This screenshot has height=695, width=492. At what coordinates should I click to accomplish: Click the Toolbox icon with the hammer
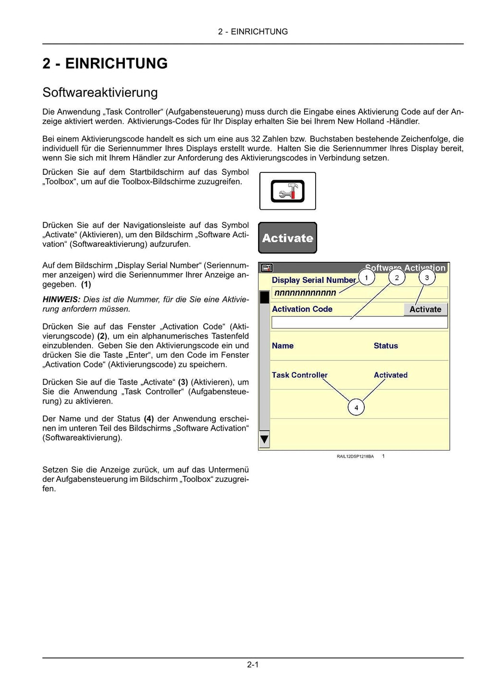(287, 191)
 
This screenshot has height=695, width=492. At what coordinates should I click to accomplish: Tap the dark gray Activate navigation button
(287, 238)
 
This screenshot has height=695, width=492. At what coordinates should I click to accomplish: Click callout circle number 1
(367, 278)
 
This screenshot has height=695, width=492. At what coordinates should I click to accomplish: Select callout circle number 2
(396, 278)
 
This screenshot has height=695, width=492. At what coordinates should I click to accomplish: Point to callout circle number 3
(427, 278)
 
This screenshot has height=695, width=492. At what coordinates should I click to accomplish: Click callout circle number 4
(356, 408)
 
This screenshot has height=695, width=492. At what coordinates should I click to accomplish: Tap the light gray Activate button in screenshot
(425, 309)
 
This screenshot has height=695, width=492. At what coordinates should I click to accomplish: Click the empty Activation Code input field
(359, 323)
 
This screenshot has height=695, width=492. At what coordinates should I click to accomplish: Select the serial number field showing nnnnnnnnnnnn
(359, 293)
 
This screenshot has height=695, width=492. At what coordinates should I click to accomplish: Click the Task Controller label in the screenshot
(299, 375)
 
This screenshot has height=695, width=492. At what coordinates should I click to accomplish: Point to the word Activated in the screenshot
(391, 375)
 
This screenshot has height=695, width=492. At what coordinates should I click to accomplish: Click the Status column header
(386, 346)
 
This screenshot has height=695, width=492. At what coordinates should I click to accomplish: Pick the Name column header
(283, 346)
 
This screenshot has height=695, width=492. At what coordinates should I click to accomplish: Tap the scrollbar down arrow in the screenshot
(264, 439)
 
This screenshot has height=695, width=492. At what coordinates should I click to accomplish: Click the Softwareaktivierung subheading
(100, 92)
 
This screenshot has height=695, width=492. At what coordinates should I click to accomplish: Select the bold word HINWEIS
(61, 300)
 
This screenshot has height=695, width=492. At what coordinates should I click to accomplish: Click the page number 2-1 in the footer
(253, 665)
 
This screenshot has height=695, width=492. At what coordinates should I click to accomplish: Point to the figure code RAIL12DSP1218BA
(355, 456)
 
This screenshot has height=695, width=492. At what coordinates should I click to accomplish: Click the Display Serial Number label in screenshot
(314, 280)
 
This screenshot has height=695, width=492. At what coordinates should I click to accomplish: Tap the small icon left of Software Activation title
(267, 268)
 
